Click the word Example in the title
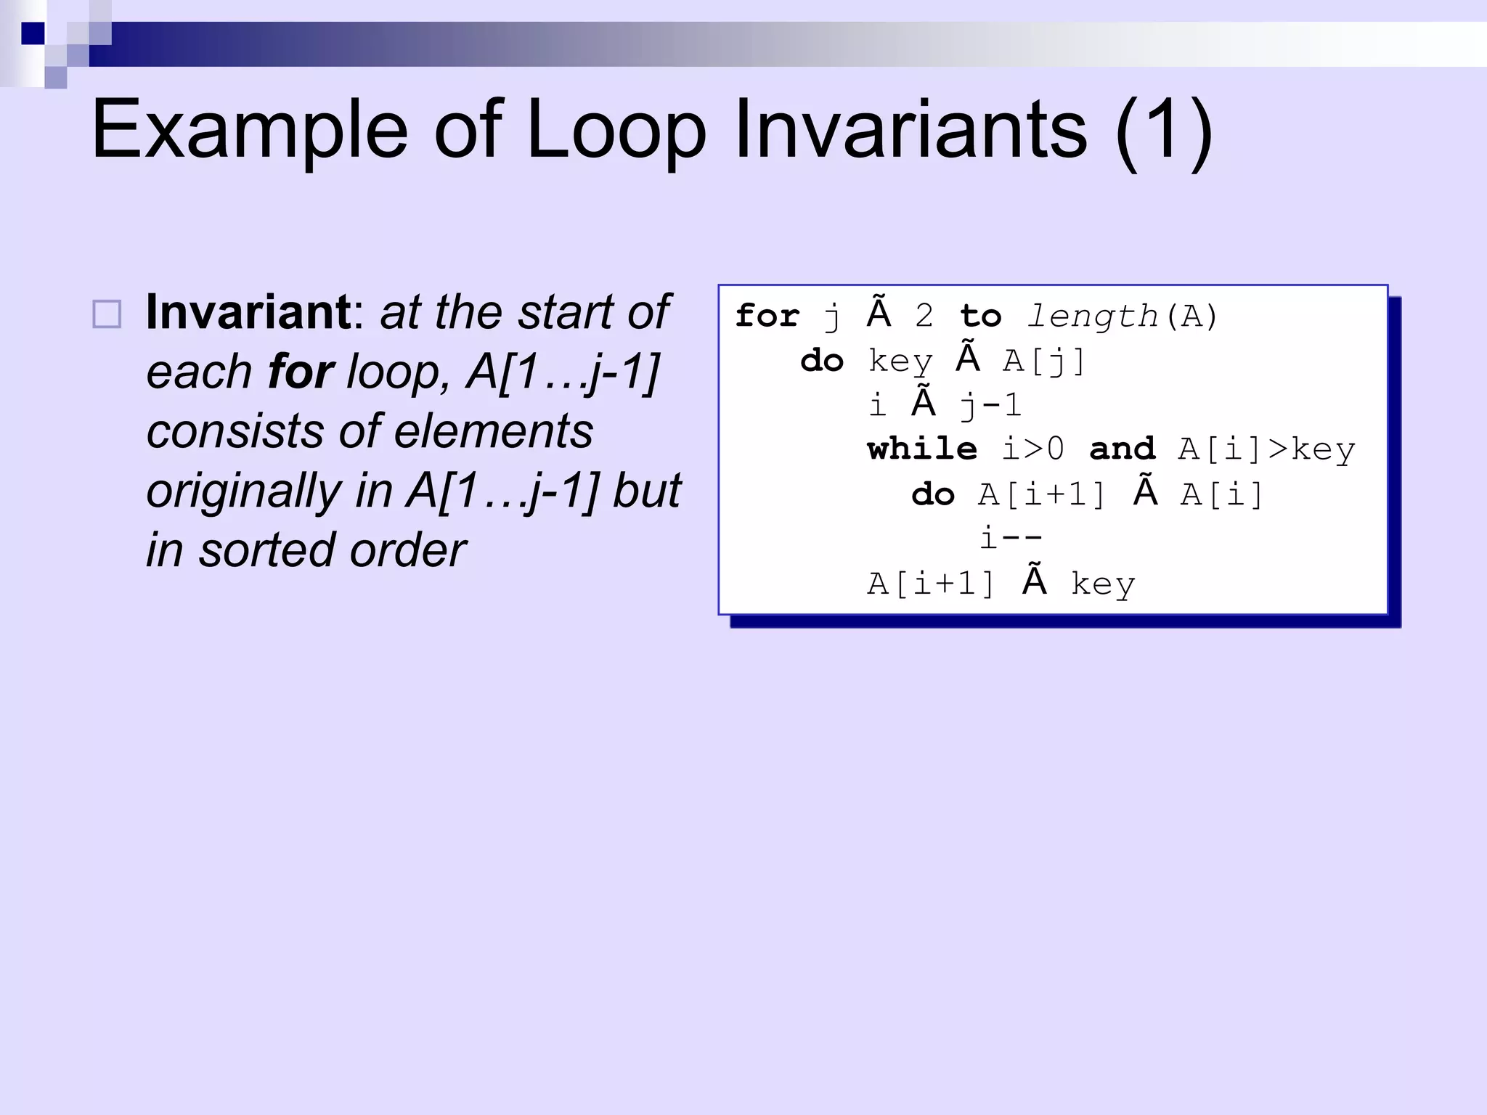pyautogui.click(x=250, y=131)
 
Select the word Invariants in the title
pyautogui.click(x=910, y=131)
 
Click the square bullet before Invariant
pyautogui.click(x=107, y=314)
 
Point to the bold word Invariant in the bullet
pyautogui.click(x=248, y=312)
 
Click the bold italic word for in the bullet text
pyautogui.click(x=301, y=372)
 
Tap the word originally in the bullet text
pyautogui.click(x=243, y=491)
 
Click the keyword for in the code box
pyautogui.click(x=767, y=316)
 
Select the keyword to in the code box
pyautogui.click(x=980, y=316)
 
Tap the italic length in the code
pyautogui.click(x=1092, y=316)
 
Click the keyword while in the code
pyautogui.click(x=922, y=449)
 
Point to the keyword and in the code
pyautogui.click(x=1123, y=449)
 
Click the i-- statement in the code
pyautogui.click(x=1011, y=539)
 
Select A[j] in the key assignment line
pyautogui.click(x=1044, y=361)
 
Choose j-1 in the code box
pyautogui.click(x=990, y=405)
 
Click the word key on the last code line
pyautogui.click(x=1102, y=584)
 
